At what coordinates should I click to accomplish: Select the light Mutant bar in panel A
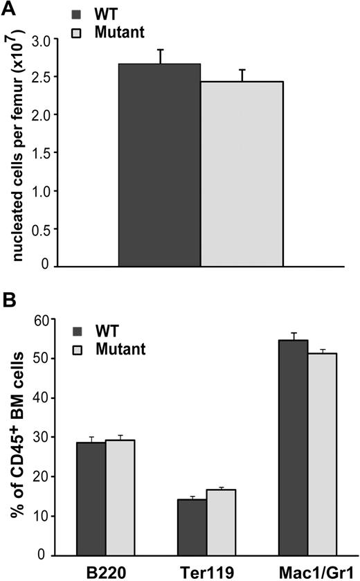242,173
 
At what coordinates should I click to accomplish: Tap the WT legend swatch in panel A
78,13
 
